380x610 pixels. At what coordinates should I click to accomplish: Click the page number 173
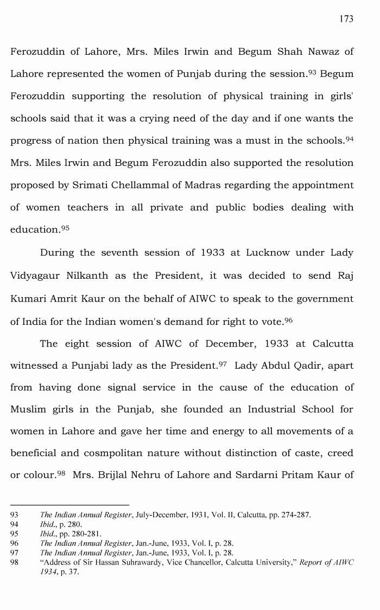click(x=346, y=19)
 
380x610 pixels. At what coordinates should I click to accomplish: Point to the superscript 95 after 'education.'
click(x=65, y=227)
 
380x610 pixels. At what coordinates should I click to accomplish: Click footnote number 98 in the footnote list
click(x=15, y=563)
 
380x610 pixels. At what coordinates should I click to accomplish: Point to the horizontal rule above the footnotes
click(x=69, y=505)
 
